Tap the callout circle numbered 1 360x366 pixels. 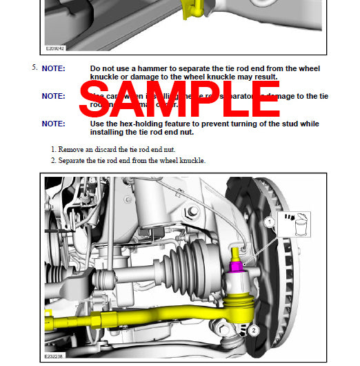(270, 223)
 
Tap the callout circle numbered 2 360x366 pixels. (253, 331)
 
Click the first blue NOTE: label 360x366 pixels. (54, 69)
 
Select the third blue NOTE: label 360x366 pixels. (54, 124)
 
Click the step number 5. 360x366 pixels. (33, 68)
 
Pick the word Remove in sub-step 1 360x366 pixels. (72, 149)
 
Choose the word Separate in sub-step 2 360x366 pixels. (74, 161)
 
